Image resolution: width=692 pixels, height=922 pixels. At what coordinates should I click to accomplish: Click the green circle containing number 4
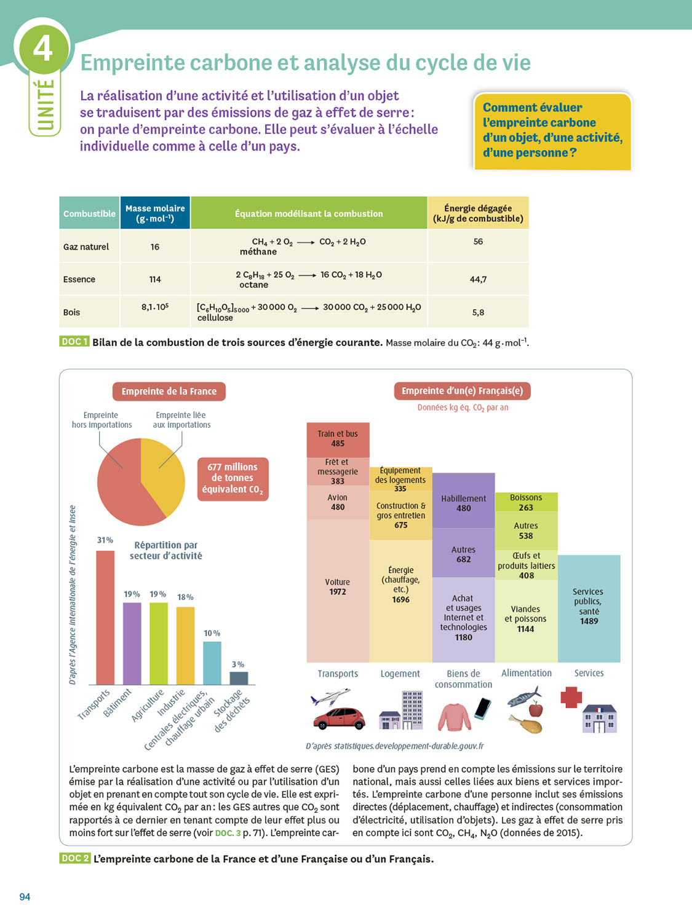[43, 47]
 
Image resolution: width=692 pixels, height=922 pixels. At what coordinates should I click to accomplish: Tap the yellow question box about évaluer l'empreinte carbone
[552, 130]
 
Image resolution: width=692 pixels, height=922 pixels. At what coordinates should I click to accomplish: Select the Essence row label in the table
[79, 280]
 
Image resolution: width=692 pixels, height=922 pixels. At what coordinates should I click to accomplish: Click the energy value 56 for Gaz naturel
[478, 242]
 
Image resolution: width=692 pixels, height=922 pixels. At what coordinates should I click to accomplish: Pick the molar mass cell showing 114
[155, 280]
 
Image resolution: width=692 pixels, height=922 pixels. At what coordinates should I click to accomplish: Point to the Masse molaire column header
[155, 213]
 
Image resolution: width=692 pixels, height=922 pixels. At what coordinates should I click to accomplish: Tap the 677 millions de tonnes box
[233, 478]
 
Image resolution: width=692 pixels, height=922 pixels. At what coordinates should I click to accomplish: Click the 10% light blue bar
[212, 663]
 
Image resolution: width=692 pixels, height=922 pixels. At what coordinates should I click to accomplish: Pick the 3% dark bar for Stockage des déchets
[239, 678]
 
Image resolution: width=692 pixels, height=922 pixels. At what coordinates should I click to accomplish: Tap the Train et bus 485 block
[338, 439]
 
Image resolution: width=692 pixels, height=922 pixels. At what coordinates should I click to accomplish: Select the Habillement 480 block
[463, 502]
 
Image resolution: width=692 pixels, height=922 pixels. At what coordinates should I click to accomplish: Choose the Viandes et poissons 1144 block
[526, 620]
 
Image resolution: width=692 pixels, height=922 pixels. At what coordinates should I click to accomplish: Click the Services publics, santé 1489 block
[589, 607]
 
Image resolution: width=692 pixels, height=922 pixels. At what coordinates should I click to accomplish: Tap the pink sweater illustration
[454, 717]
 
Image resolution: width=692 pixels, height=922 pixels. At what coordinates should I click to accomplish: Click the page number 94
[25, 897]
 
